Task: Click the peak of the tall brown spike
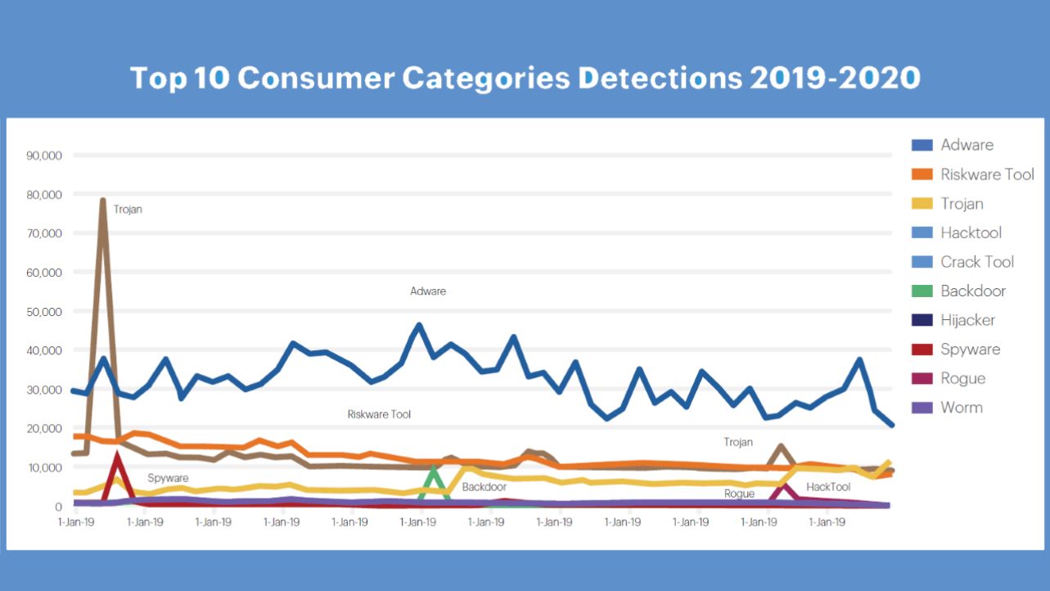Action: coord(103,200)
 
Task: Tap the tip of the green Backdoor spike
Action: coord(434,469)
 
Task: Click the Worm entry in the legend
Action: coord(962,408)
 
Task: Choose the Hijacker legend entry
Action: coord(967,320)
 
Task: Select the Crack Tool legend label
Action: coord(977,262)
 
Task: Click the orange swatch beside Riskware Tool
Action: coord(922,174)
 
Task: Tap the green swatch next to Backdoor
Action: coord(922,291)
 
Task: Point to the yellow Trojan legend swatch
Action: coord(922,204)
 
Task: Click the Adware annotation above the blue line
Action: coord(428,291)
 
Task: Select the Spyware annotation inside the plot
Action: coord(168,478)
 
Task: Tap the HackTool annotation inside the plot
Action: coord(828,487)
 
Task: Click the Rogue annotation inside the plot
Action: coord(739,494)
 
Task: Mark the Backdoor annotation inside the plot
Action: coord(484,487)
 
